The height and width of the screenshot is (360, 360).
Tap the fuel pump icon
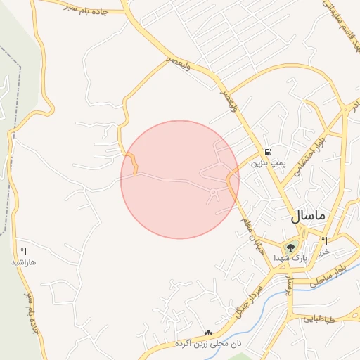(268, 152)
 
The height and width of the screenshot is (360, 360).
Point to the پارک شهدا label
(290, 258)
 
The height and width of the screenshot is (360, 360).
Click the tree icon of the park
(290, 247)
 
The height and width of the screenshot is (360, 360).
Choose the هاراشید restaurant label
(23, 262)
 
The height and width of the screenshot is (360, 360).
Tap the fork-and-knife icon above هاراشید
(23, 251)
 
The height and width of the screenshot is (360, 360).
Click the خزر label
(324, 251)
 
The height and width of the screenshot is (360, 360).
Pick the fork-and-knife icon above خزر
(324, 241)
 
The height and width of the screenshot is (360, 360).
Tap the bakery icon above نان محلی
(207, 333)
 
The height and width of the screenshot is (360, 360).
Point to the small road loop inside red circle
(215, 194)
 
